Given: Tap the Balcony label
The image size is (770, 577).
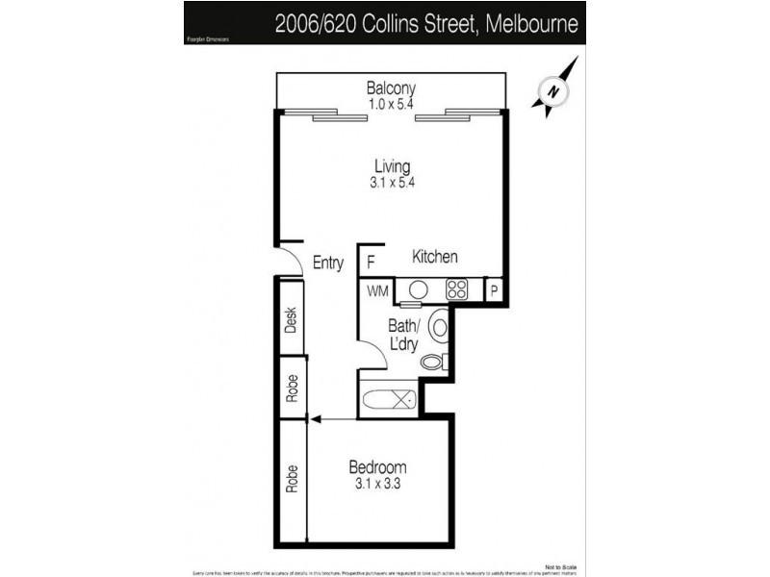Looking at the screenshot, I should (390, 88).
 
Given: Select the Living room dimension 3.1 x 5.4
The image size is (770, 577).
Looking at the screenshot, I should (390, 181).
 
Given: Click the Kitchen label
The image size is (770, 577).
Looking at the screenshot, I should (435, 257).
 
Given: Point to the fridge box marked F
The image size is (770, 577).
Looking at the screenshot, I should (370, 260).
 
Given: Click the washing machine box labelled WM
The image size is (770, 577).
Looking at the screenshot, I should (375, 289).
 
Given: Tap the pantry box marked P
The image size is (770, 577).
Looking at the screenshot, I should (494, 289).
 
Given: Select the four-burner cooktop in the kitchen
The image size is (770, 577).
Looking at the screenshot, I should (456, 289).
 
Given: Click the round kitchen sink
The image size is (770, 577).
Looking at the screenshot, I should (419, 289).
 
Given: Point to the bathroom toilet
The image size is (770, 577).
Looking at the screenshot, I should (433, 363).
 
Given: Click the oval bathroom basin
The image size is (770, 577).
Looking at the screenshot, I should (438, 327).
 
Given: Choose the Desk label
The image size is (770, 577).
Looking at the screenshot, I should (291, 320).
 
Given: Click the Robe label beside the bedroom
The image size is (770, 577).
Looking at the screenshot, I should (291, 478).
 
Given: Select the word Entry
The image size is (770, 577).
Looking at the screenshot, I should (328, 263).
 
